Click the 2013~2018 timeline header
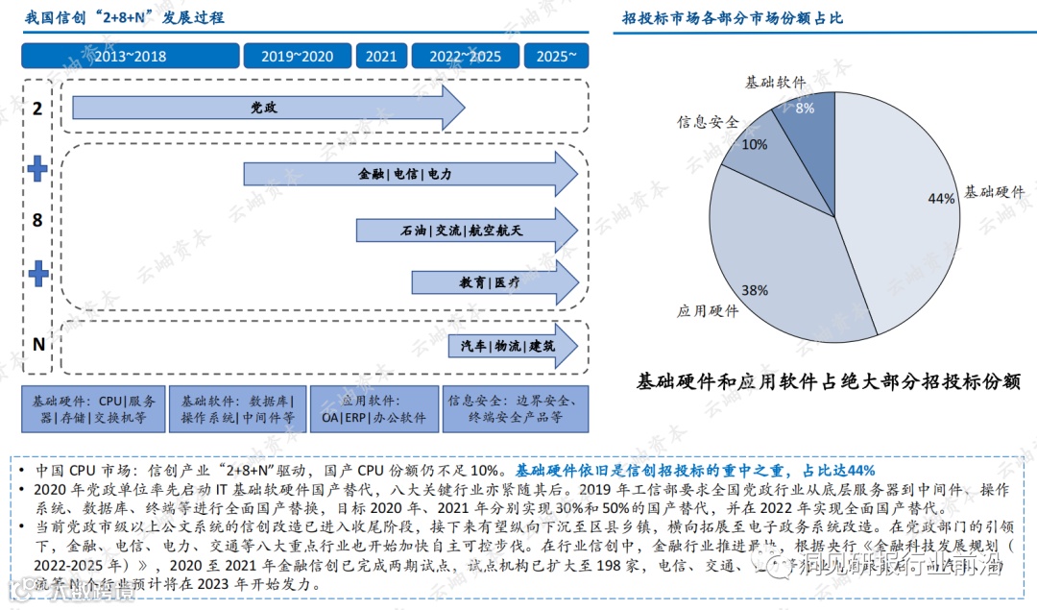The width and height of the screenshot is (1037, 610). click(x=130, y=57)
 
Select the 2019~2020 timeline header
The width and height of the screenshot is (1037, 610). click(x=297, y=57)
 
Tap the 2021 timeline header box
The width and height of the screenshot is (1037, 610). click(x=381, y=57)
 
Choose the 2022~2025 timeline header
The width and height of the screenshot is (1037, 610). click(x=465, y=57)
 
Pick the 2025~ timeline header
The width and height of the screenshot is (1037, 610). click(x=556, y=57)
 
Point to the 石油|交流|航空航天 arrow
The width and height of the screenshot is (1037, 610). click(x=461, y=231)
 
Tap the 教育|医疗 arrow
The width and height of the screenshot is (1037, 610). click(x=490, y=282)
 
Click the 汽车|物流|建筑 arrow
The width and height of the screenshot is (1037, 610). click(x=508, y=346)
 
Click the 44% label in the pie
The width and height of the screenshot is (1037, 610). click(x=941, y=199)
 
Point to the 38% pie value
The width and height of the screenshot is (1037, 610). click(x=754, y=289)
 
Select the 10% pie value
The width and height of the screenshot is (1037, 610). click(x=755, y=144)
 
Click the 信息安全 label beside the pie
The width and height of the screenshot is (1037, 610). click(x=709, y=122)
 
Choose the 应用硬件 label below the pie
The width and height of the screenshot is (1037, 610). click(x=708, y=311)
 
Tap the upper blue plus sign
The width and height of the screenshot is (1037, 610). click(x=37, y=170)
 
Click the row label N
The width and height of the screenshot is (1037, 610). click(x=38, y=344)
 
